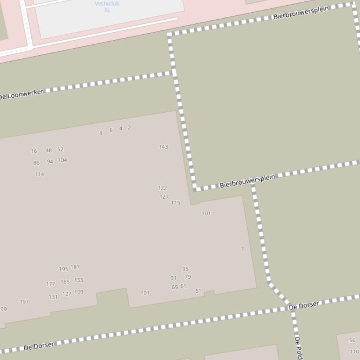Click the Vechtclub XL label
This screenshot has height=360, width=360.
[107, 7]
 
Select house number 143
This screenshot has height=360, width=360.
[163, 147]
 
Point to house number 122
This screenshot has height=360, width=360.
[162, 188]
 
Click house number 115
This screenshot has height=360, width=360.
[176, 203]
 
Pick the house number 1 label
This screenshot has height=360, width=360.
[242, 249]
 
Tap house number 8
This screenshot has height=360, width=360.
[101, 133]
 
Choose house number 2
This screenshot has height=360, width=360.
[129, 128]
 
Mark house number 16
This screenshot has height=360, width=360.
[34, 151]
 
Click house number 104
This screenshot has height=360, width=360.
[62, 160]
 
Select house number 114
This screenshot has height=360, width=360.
[39, 174]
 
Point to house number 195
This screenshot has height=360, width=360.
[63, 269]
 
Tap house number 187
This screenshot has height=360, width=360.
[75, 267]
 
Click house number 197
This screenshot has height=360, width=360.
[24, 302]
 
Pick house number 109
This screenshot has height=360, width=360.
[79, 292]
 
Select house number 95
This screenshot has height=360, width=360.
[185, 269]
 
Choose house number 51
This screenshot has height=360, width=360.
[198, 291]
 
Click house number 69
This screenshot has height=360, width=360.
[175, 287]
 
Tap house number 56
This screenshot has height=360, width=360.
[353, 340]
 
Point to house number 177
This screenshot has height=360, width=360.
[51, 284]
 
